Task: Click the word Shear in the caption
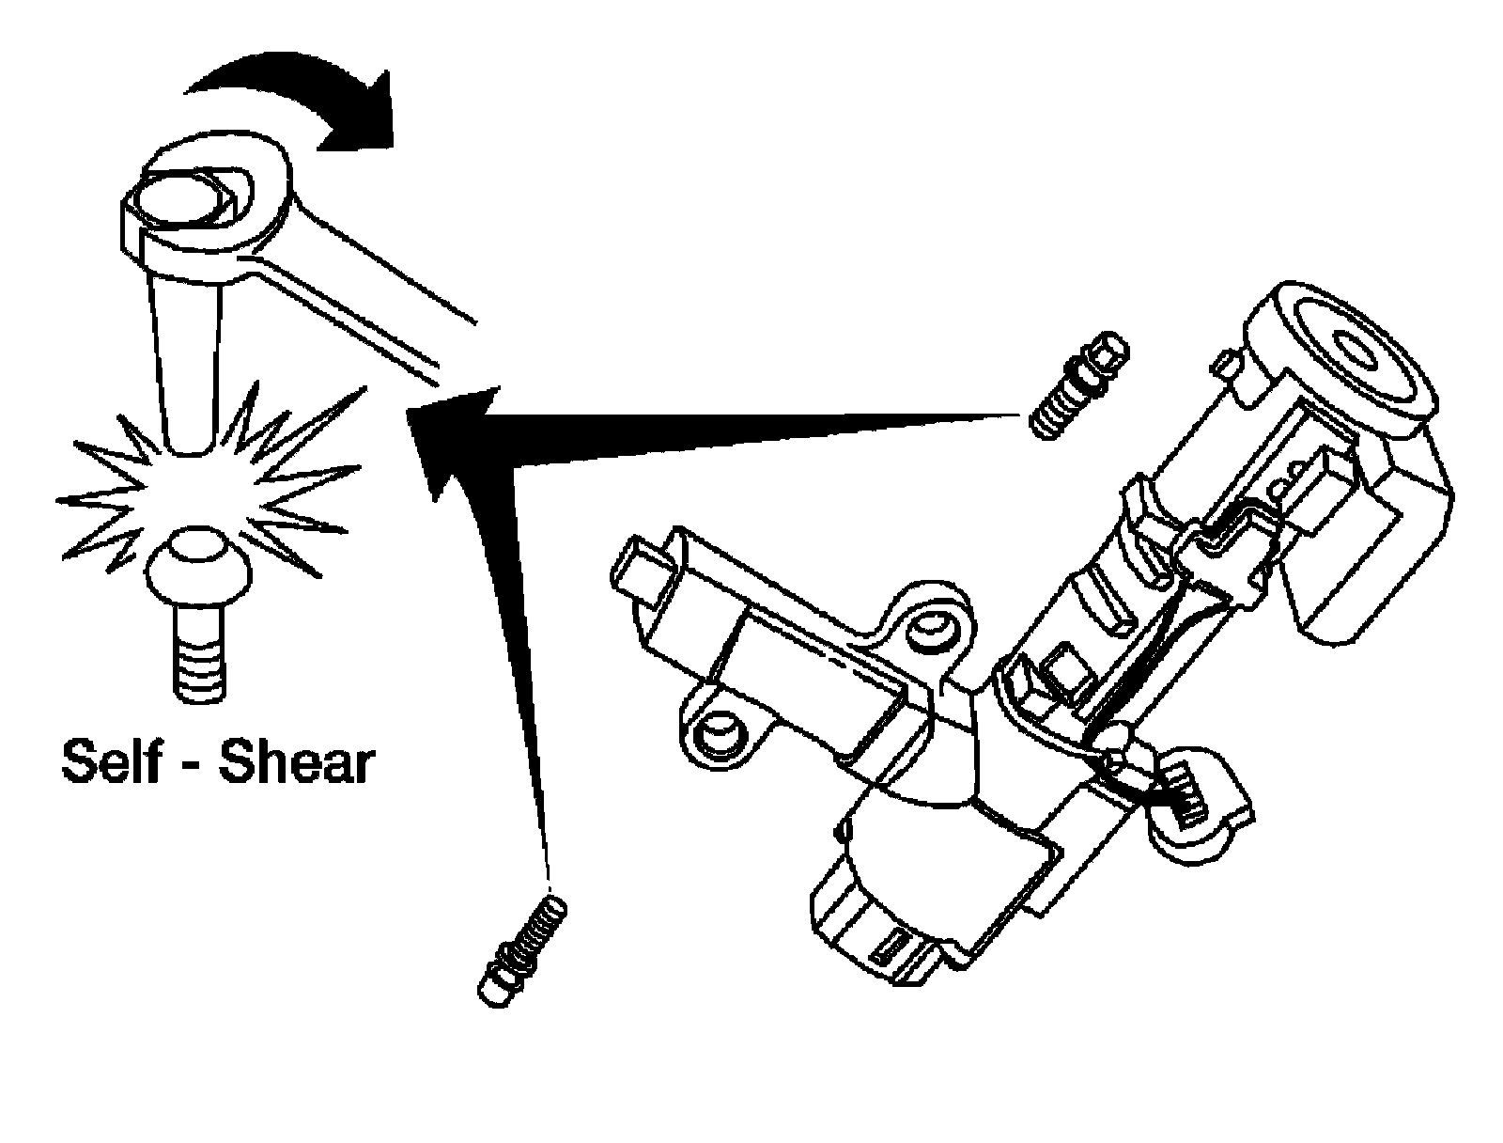[296, 763]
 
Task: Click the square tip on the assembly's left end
[639, 569]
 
